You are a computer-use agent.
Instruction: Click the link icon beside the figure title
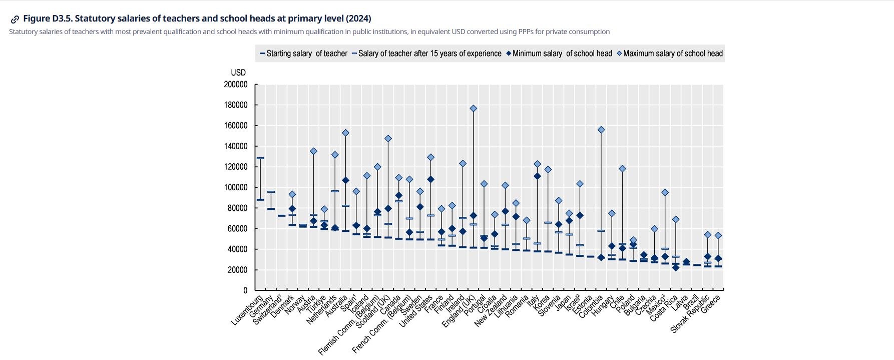[x=15, y=20]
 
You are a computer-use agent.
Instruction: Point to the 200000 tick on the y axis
[x=236, y=85]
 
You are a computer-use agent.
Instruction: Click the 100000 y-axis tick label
[x=236, y=187]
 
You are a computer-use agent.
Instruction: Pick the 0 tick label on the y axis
[x=245, y=290]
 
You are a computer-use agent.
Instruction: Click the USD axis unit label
[x=238, y=73]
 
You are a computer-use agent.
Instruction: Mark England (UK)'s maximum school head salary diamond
[x=474, y=109]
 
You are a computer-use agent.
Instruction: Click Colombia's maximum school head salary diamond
[x=601, y=130]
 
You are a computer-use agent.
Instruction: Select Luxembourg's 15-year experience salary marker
[x=260, y=158]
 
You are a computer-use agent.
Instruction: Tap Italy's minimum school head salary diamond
[x=537, y=176]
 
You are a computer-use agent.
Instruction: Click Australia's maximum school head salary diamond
[x=345, y=133]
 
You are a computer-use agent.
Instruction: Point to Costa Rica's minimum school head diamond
[x=676, y=268]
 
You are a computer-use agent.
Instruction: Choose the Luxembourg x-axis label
[x=248, y=310]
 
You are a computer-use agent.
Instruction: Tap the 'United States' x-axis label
[x=416, y=311]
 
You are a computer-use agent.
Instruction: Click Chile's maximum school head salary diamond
[x=623, y=169]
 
